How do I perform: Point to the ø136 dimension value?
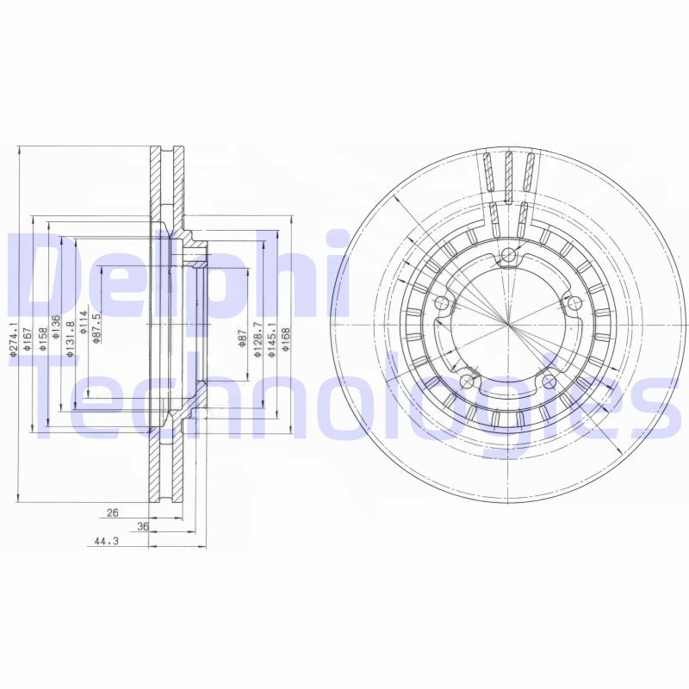tap(56, 328)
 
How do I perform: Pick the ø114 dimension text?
tap(84, 321)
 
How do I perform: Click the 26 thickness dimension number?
tap(111, 513)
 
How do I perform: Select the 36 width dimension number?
tap(143, 527)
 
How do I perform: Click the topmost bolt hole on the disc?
tap(509, 253)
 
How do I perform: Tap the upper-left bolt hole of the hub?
tap(442, 302)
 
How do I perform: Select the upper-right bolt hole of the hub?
tap(571, 301)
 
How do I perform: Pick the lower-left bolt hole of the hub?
tap(466, 380)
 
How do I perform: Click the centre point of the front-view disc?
tap(509, 326)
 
